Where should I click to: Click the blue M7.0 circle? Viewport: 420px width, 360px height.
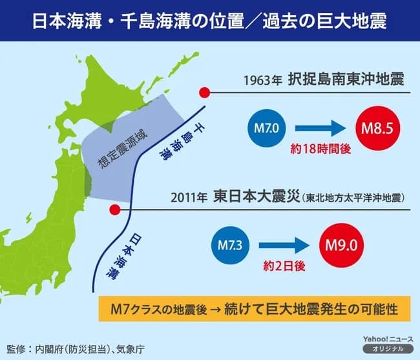tap(266, 131)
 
